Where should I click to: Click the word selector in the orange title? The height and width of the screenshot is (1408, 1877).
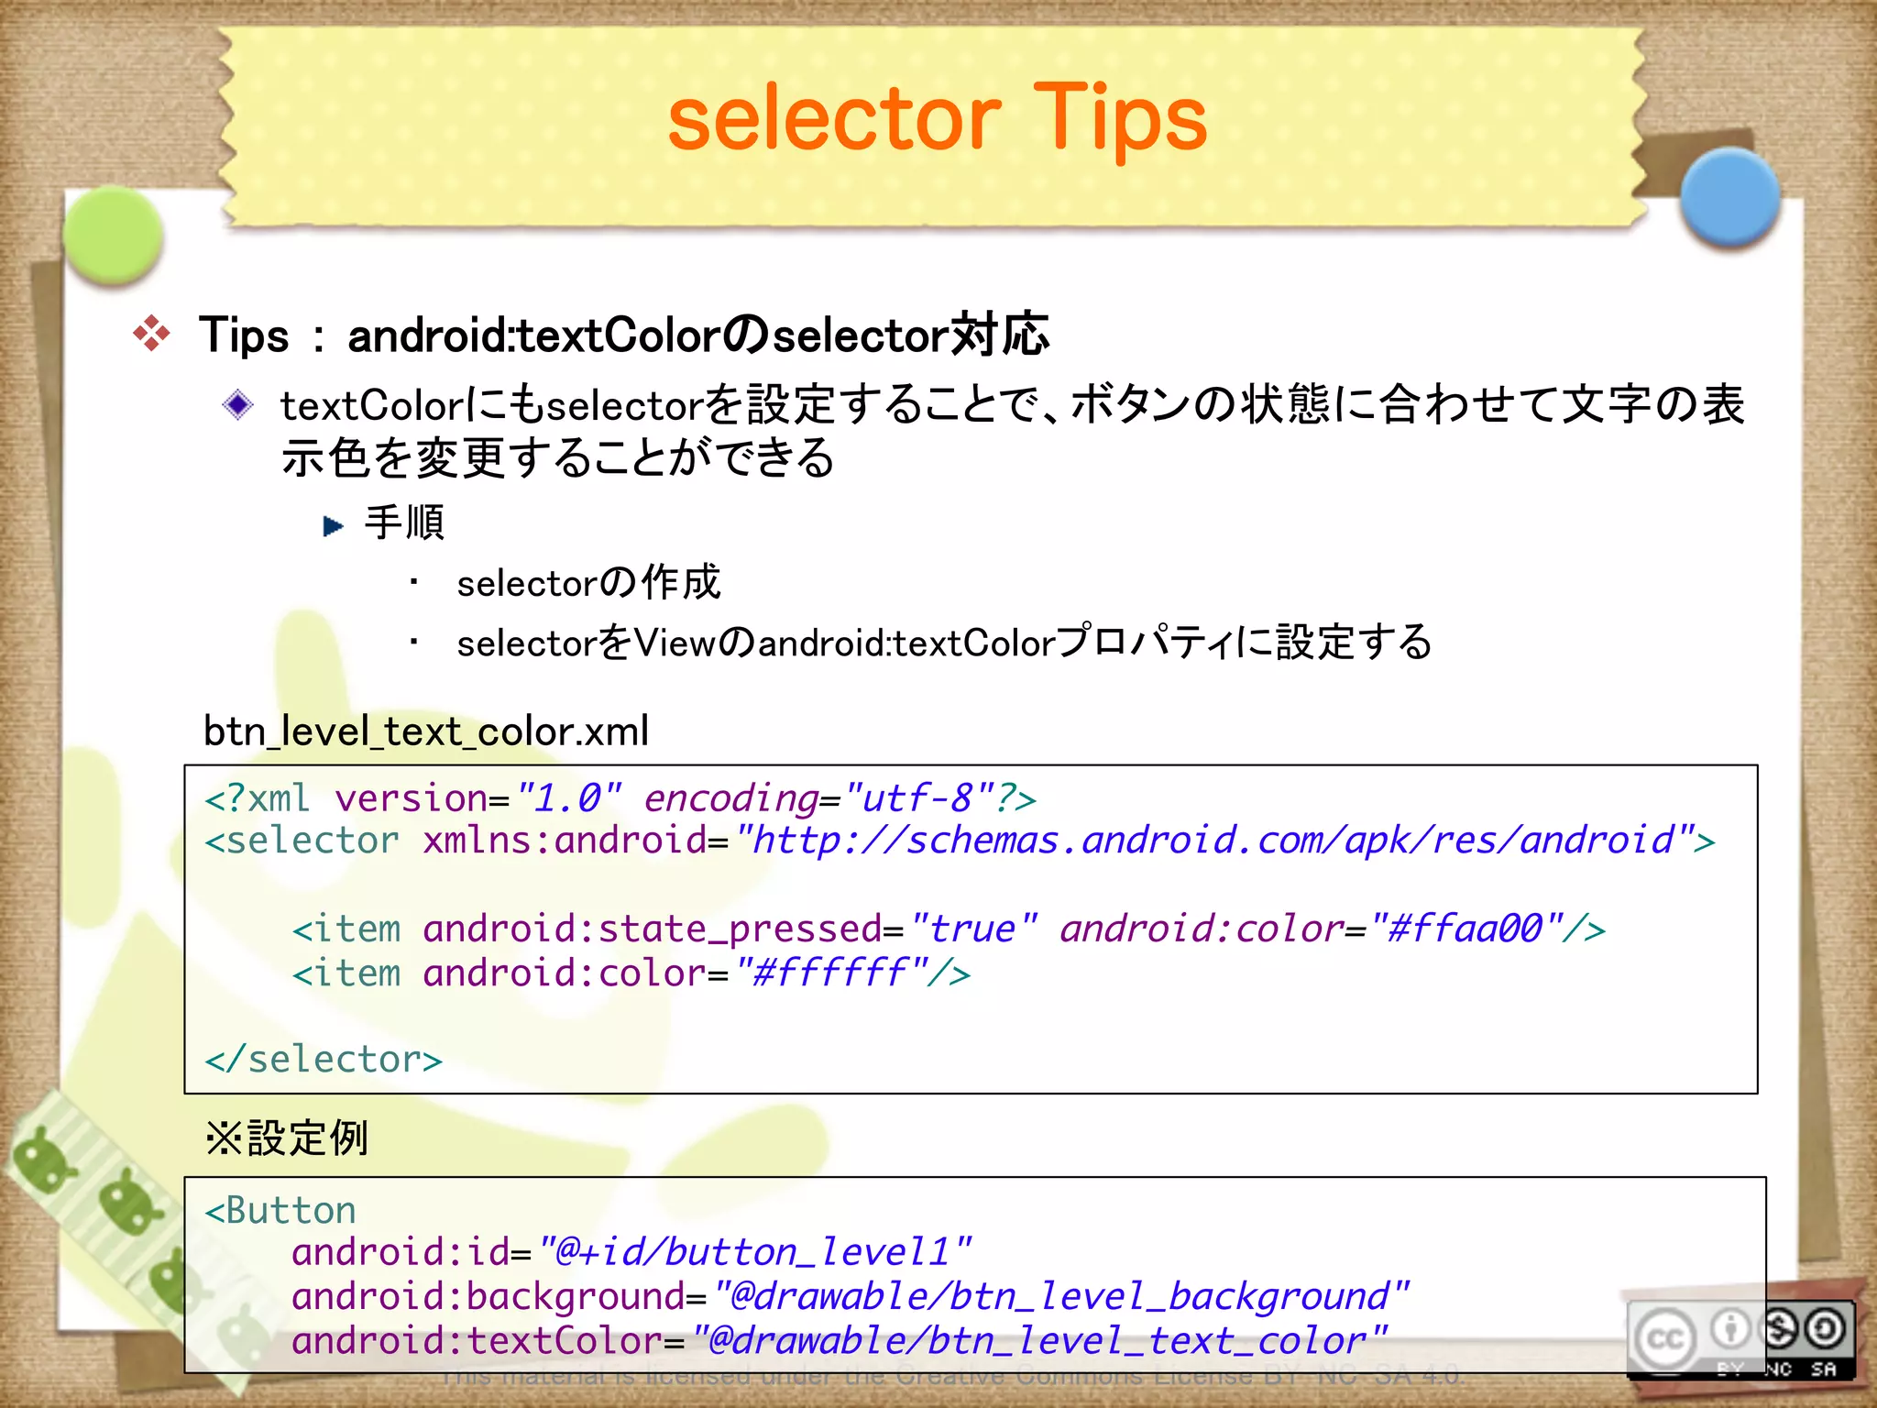click(834, 119)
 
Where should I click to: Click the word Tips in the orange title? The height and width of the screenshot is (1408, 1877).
click(1119, 119)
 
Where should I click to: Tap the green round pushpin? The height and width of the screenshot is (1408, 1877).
click(114, 235)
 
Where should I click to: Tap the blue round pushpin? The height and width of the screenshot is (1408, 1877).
click(1729, 197)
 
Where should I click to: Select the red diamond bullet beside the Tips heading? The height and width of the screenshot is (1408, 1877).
click(151, 334)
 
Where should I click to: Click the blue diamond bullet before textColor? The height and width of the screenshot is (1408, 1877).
click(238, 404)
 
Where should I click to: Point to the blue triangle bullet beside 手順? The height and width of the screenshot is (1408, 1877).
click(333, 526)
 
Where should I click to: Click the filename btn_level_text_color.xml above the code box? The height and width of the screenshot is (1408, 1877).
click(426, 731)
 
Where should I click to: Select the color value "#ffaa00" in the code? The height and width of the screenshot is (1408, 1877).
click(1465, 929)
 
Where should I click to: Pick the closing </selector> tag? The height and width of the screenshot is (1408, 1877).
click(324, 1060)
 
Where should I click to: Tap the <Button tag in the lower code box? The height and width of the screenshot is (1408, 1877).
click(280, 1211)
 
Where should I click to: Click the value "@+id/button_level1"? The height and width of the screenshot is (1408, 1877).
click(754, 1252)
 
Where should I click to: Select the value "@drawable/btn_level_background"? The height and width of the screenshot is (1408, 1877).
click(1061, 1296)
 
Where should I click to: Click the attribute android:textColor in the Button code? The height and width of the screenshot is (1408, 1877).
click(477, 1341)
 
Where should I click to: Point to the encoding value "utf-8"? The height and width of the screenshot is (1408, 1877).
click(917, 798)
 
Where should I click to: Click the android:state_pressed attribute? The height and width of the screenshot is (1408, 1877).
click(653, 929)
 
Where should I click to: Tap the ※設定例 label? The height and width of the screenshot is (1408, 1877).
click(287, 1138)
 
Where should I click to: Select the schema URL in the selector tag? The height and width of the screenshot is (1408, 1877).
click(1213, 841)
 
